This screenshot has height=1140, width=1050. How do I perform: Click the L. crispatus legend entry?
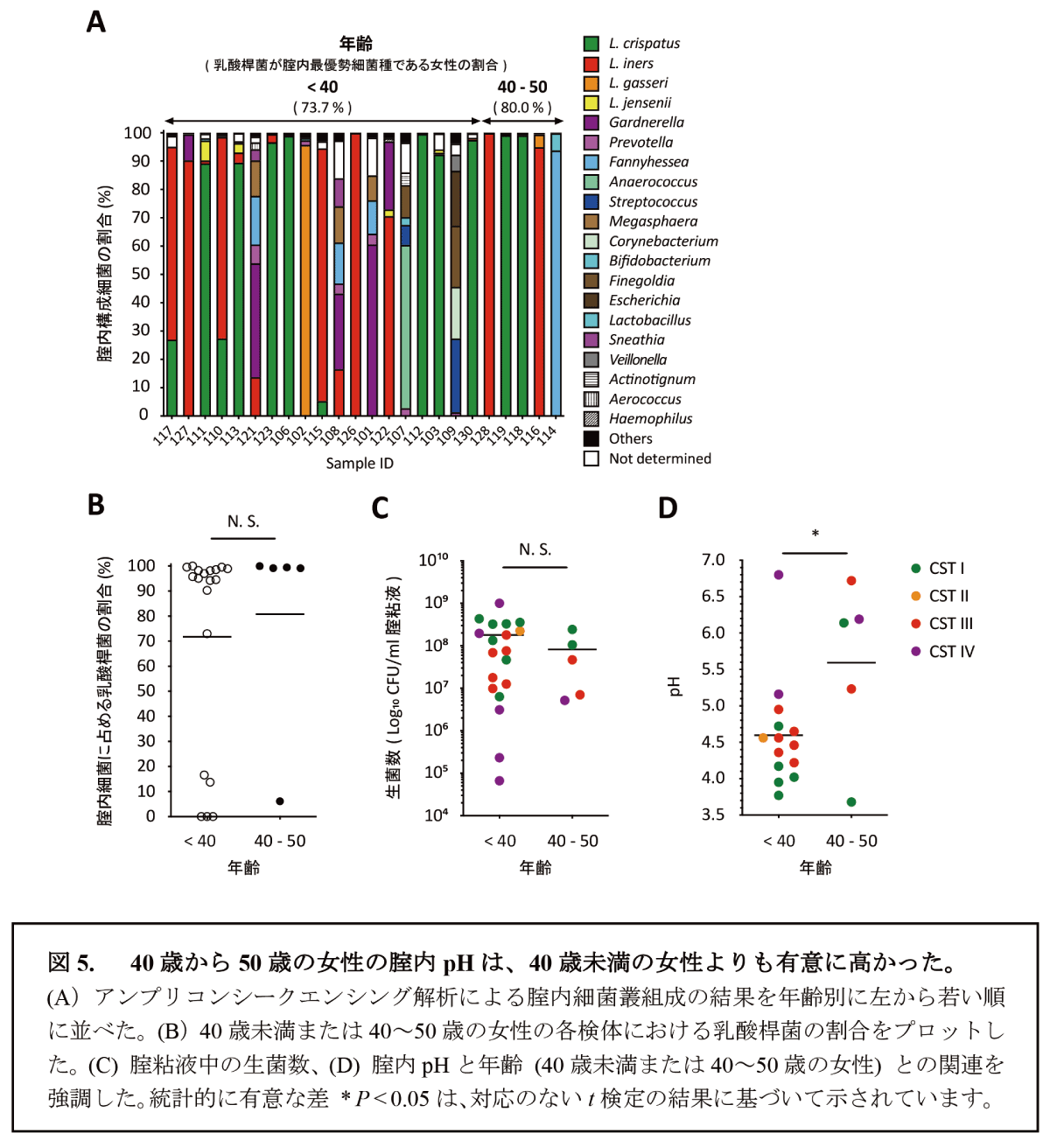(644, 44)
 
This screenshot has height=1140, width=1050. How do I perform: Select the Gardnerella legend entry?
(646, 122)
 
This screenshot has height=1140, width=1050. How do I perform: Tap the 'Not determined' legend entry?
(659, 458)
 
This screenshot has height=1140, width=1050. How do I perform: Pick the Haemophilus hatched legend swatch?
(591, 419)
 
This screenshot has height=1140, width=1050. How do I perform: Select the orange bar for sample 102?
(305, 280)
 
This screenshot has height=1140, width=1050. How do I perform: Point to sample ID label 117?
(164, 434)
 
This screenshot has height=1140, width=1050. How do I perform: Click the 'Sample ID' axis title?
(360, 464)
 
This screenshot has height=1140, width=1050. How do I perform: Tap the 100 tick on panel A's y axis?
(137, 134)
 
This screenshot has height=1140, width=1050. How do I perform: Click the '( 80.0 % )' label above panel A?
(522, 108)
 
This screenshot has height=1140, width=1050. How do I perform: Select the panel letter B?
(95, 505)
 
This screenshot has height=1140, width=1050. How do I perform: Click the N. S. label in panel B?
(243, 521)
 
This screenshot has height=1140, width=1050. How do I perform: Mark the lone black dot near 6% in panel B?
(280, 801)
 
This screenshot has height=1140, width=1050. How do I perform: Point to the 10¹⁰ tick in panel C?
(433, 560)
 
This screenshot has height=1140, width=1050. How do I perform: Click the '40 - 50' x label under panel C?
(572, 841)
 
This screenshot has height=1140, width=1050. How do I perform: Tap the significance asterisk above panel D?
(815, 535)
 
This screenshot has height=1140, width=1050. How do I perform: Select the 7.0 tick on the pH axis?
(713, 560)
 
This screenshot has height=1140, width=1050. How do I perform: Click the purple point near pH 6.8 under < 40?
(779, 575)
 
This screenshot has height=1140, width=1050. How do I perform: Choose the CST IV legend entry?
(950, 652)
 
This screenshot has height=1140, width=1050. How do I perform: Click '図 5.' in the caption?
(72, 963)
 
